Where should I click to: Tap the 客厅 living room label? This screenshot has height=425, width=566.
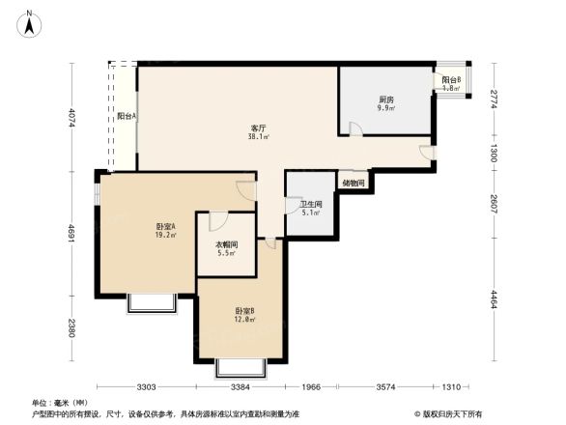tap(258, 127)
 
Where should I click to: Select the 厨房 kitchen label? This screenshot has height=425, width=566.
tap(385, 99)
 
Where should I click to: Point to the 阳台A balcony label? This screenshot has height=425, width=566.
tap(127, 116)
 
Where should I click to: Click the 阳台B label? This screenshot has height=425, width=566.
tap(451, 80)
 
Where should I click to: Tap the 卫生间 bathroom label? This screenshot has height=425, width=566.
tap(310, 204)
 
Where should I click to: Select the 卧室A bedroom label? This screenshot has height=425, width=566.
tap(165, 226)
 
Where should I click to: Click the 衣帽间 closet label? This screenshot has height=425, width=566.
tap(226, 245)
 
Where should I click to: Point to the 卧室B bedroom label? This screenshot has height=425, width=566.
tap(244, 310)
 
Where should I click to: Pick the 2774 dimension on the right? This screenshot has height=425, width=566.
tap(493, 98)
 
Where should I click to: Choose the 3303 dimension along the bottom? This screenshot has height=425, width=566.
tap(145, 387)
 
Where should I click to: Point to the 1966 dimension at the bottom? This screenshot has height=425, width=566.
tap(310, 387)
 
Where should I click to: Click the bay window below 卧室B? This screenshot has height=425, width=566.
tap(240, 368)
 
